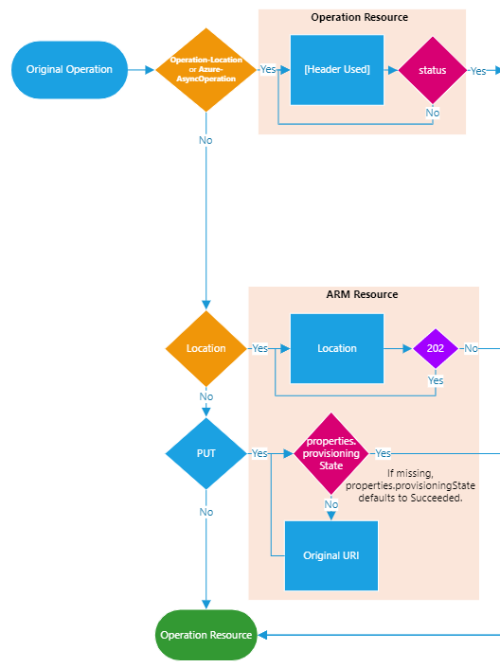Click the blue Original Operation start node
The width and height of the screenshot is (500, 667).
point(69,70)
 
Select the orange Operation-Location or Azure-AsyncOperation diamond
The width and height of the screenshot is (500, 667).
point(206,70)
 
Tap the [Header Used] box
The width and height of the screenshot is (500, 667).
point(337,70)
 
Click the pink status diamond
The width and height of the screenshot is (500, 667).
point(432,70)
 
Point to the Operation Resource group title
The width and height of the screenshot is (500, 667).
point(360,17)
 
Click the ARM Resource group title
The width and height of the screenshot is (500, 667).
point(362,294)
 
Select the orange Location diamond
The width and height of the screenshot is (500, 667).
point(206,348)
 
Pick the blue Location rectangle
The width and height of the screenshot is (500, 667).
point(337,348)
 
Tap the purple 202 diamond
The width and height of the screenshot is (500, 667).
point(436,348)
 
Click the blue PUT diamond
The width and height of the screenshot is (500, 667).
point(206,453)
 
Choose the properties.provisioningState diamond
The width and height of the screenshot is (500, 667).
point(330,453)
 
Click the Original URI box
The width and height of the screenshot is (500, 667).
point(330,555)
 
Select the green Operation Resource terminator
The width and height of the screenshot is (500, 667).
point(206,635)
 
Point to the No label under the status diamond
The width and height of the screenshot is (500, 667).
point(432,113)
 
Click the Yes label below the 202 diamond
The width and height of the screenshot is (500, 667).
point(436,380)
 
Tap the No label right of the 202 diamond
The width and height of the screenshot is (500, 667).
point(471,348)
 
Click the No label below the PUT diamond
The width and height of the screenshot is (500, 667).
point(206,512)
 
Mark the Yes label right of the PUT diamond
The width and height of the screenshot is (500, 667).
point(259,453)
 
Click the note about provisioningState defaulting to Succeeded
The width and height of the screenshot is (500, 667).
point(410,485)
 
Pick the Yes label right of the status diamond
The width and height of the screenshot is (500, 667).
point(478,71)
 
